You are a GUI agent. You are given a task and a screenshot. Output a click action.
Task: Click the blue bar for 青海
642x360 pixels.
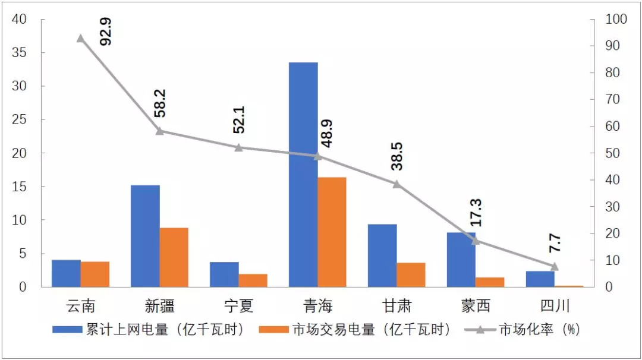(303, 175)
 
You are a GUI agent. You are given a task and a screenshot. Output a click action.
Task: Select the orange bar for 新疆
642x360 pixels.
(174, 257)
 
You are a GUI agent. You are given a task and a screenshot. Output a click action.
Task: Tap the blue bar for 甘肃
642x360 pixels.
(382, 255)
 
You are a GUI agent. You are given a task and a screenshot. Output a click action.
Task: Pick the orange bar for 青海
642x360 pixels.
(332, 232)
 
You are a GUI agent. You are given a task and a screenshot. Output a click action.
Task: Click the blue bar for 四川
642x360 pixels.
(540, 279)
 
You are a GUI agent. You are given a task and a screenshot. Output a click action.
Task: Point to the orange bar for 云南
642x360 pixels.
(95, 274)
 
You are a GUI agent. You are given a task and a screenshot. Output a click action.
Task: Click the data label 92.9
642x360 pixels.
(106, 31)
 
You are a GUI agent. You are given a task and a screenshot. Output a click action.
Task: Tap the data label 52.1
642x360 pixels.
(239, 119)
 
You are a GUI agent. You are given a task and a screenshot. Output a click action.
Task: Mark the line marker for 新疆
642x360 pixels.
(159, 131)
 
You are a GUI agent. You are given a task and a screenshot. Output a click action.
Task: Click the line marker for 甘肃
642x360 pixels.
(396, 184)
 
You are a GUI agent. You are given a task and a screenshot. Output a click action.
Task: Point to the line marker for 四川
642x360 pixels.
(555, 266)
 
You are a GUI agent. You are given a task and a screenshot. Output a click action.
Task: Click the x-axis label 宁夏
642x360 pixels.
(239, 306)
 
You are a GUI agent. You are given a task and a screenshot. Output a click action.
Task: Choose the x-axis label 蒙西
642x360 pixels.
(476, 306)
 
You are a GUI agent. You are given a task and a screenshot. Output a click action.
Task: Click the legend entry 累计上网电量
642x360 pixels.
(149, 330)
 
